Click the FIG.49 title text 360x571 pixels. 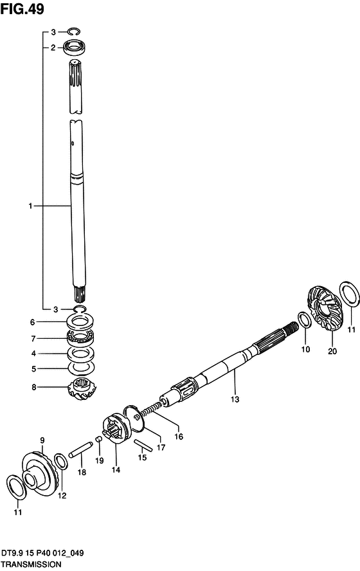click(x=22, y=9)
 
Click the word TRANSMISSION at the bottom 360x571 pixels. click(x=31, y=565)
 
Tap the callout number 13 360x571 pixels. click(x=235, y=399)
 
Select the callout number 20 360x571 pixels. click(x=332, y=351)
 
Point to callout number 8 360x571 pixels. click(x=34, y=387)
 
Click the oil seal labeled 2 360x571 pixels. click(x=76, y=47)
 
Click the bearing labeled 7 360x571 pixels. click(x=80, y=338)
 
